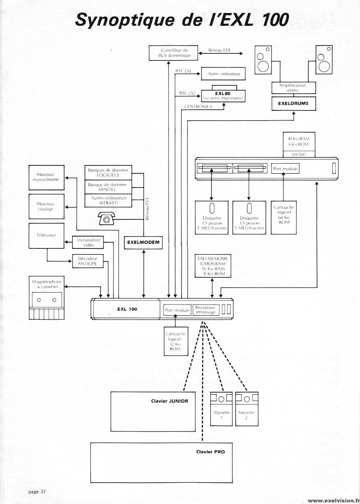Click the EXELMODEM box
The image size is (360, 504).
click(x=143, y=243)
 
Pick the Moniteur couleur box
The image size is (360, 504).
click(x=47, y=206)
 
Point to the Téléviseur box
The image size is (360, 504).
click(x=47, y=236)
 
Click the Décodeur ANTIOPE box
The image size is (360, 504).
click(x=87, y=261)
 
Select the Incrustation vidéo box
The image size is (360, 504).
click(x=88, y=243)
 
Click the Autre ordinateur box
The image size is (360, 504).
click(x=224, y=74)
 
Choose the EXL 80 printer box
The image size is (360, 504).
click(x=224, y=95)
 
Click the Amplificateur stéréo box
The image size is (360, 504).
click(x=294, y=88)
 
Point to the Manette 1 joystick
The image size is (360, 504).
click(x=222, y=409)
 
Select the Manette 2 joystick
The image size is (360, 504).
click(x=247, y=409)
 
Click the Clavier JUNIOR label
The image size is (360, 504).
click(x=169, y=401)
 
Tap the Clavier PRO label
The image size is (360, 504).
click(x=210, y=451)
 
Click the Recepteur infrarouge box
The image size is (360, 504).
click(x=205, y=310)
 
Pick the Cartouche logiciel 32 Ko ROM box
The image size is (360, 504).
click(x=175, y=341)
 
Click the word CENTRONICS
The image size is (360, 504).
click(x=198, y=106)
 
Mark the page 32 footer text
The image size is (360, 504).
click(x=37, y=492)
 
